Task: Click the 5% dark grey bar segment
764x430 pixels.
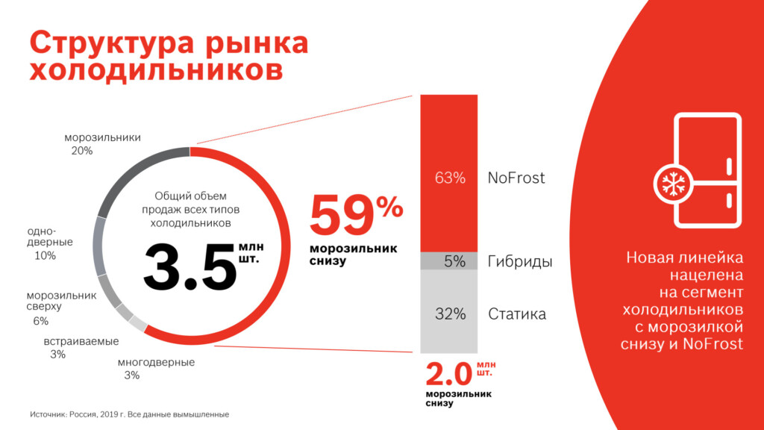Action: tap(449, 261)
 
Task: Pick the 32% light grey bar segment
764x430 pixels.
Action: tap(449, 312)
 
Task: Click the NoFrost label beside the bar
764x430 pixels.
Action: tap(516, 178)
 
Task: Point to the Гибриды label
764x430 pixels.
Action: tap(519, 262)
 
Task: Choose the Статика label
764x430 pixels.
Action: tap(517, 314)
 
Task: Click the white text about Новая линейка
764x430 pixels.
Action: tap(683, 300)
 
